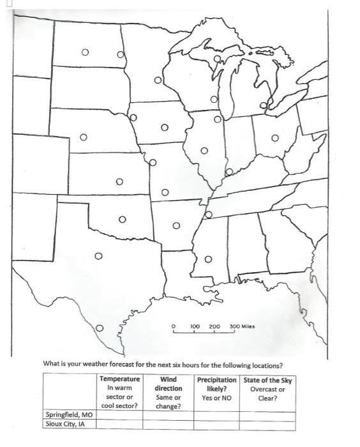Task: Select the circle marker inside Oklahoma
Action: [122, 220]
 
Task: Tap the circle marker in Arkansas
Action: [176, 225]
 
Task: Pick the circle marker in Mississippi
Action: [207, 259]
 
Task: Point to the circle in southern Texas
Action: [100, 328]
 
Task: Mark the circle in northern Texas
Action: [98, 257]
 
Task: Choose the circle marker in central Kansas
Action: [119, 182]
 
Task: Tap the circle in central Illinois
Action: [204, 151]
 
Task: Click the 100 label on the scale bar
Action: [195, 326]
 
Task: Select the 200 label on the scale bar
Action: [214, 326]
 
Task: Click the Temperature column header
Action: [119, 379]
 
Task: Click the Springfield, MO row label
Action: [69, 414]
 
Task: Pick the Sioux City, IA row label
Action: [66, 423]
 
